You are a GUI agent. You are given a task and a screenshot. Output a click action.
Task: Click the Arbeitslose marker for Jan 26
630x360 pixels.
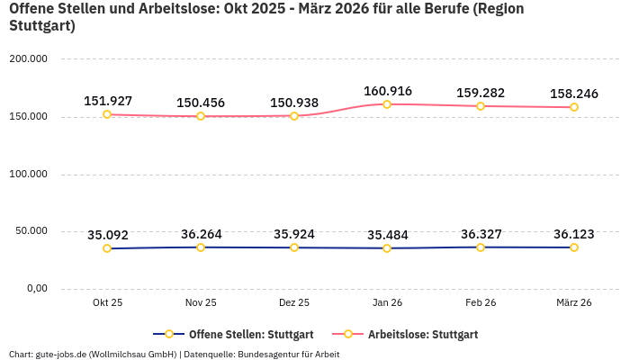387,104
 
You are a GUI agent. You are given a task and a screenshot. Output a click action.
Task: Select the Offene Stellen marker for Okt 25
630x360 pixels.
107,248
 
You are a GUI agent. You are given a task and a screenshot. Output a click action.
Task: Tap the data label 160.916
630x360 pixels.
387,91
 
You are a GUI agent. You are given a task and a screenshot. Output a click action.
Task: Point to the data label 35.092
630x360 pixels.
107,235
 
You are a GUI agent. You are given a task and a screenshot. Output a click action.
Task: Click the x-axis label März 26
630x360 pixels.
573,302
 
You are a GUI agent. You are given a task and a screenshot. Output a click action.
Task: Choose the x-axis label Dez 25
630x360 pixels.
294,302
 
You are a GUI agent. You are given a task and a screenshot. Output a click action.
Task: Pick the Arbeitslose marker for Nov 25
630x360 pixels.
201,116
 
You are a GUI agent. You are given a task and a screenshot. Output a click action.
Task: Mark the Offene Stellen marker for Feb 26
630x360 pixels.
481,247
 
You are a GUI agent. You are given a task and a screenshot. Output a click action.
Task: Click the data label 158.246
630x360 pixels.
573,93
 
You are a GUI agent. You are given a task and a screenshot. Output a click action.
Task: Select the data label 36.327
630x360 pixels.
481,234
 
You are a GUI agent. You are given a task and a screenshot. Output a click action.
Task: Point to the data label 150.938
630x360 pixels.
294,102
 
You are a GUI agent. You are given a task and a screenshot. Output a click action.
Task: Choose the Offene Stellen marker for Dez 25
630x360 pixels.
294,247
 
